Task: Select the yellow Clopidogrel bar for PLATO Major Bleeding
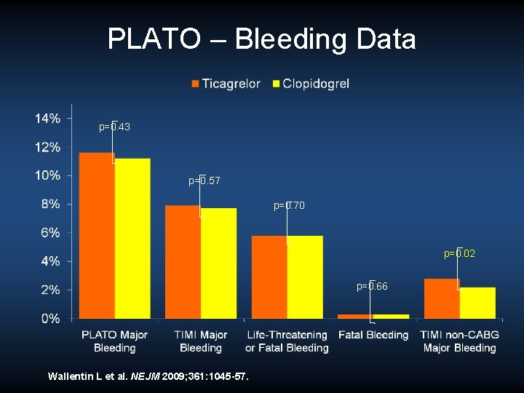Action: (132, 238)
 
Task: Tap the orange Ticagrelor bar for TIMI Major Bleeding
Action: (183, 262)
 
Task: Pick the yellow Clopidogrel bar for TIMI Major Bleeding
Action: (218, 263)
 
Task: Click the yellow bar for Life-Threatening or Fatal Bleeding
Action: (304, 277)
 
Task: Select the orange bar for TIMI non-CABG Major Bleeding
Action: (441, 298)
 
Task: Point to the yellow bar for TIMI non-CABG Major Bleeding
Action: (477, 303)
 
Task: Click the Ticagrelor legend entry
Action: (226, 84)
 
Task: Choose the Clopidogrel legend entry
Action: (311, 84)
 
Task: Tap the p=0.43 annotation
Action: (115, 127)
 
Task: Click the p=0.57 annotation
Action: (205, 180)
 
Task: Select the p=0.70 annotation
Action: (290, 206)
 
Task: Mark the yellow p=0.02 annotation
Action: (460, 253)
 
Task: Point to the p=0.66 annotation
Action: (372, 286)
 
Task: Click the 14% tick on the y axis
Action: (48, 118)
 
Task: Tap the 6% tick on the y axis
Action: (51, 232)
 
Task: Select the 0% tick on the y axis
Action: (51, 318)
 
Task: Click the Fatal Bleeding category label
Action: (373, 335)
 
